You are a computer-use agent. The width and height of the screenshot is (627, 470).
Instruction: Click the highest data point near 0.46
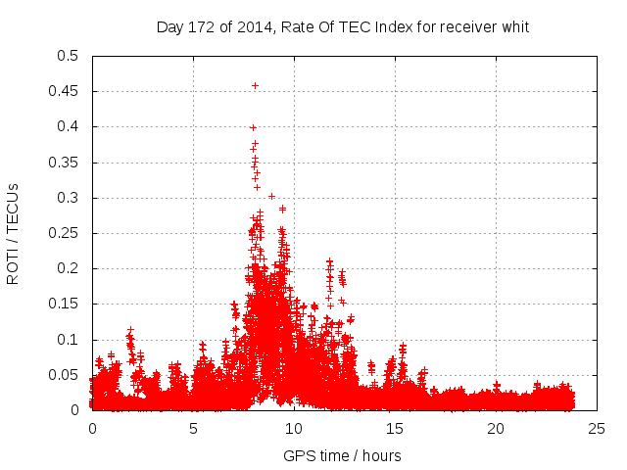click(256, 85)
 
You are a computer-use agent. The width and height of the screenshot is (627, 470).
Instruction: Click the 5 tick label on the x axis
click(194, 429)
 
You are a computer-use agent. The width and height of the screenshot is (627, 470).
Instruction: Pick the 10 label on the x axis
click(295, 429)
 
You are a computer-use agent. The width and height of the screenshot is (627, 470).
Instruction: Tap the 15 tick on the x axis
click(396, 429)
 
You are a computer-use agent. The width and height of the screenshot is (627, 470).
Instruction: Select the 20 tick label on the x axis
click(497, 429)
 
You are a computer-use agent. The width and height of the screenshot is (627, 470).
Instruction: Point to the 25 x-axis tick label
click(598, 429)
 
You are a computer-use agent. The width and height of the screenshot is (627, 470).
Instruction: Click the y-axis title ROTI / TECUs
click(14, 233)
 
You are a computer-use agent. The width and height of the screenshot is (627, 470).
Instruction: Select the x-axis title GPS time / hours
click(342, 455)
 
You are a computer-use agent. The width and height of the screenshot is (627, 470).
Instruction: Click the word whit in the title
click(514, 27)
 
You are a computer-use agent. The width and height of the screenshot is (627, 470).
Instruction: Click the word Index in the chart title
click(374, 27)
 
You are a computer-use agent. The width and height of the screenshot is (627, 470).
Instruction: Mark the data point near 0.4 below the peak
click(253, 127)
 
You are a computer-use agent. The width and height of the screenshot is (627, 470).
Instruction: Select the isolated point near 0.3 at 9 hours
click(271, 196)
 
